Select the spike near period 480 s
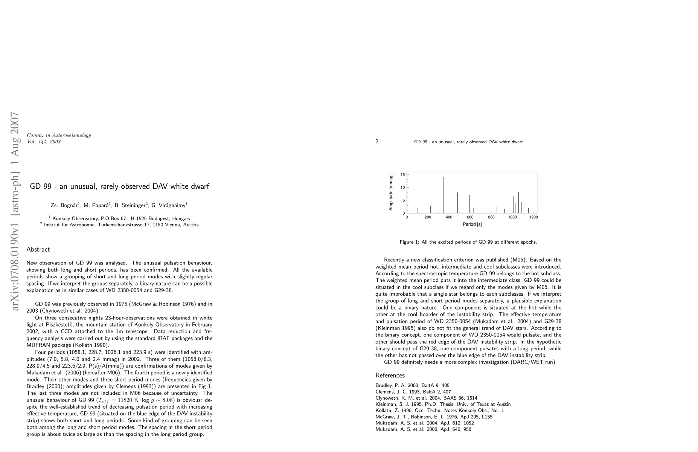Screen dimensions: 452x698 457,203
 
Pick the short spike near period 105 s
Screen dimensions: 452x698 418,211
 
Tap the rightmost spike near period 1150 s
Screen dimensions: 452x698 528,211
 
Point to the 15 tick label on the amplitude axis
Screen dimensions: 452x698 402,174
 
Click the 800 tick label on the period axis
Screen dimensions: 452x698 491,217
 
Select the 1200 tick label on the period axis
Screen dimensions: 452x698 533,217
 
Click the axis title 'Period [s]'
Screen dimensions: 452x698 472,224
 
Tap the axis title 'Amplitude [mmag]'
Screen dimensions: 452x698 391,192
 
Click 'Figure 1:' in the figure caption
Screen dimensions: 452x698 409,242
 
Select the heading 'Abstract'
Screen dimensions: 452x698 38,249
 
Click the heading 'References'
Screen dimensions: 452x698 390,376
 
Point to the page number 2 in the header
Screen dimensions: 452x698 377,142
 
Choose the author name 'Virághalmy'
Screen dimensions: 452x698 172,206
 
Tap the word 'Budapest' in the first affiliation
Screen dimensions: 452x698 158,218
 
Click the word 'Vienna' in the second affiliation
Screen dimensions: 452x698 175,225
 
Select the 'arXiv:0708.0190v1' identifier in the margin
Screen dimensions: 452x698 15,263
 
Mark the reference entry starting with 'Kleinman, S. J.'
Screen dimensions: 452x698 443,404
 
